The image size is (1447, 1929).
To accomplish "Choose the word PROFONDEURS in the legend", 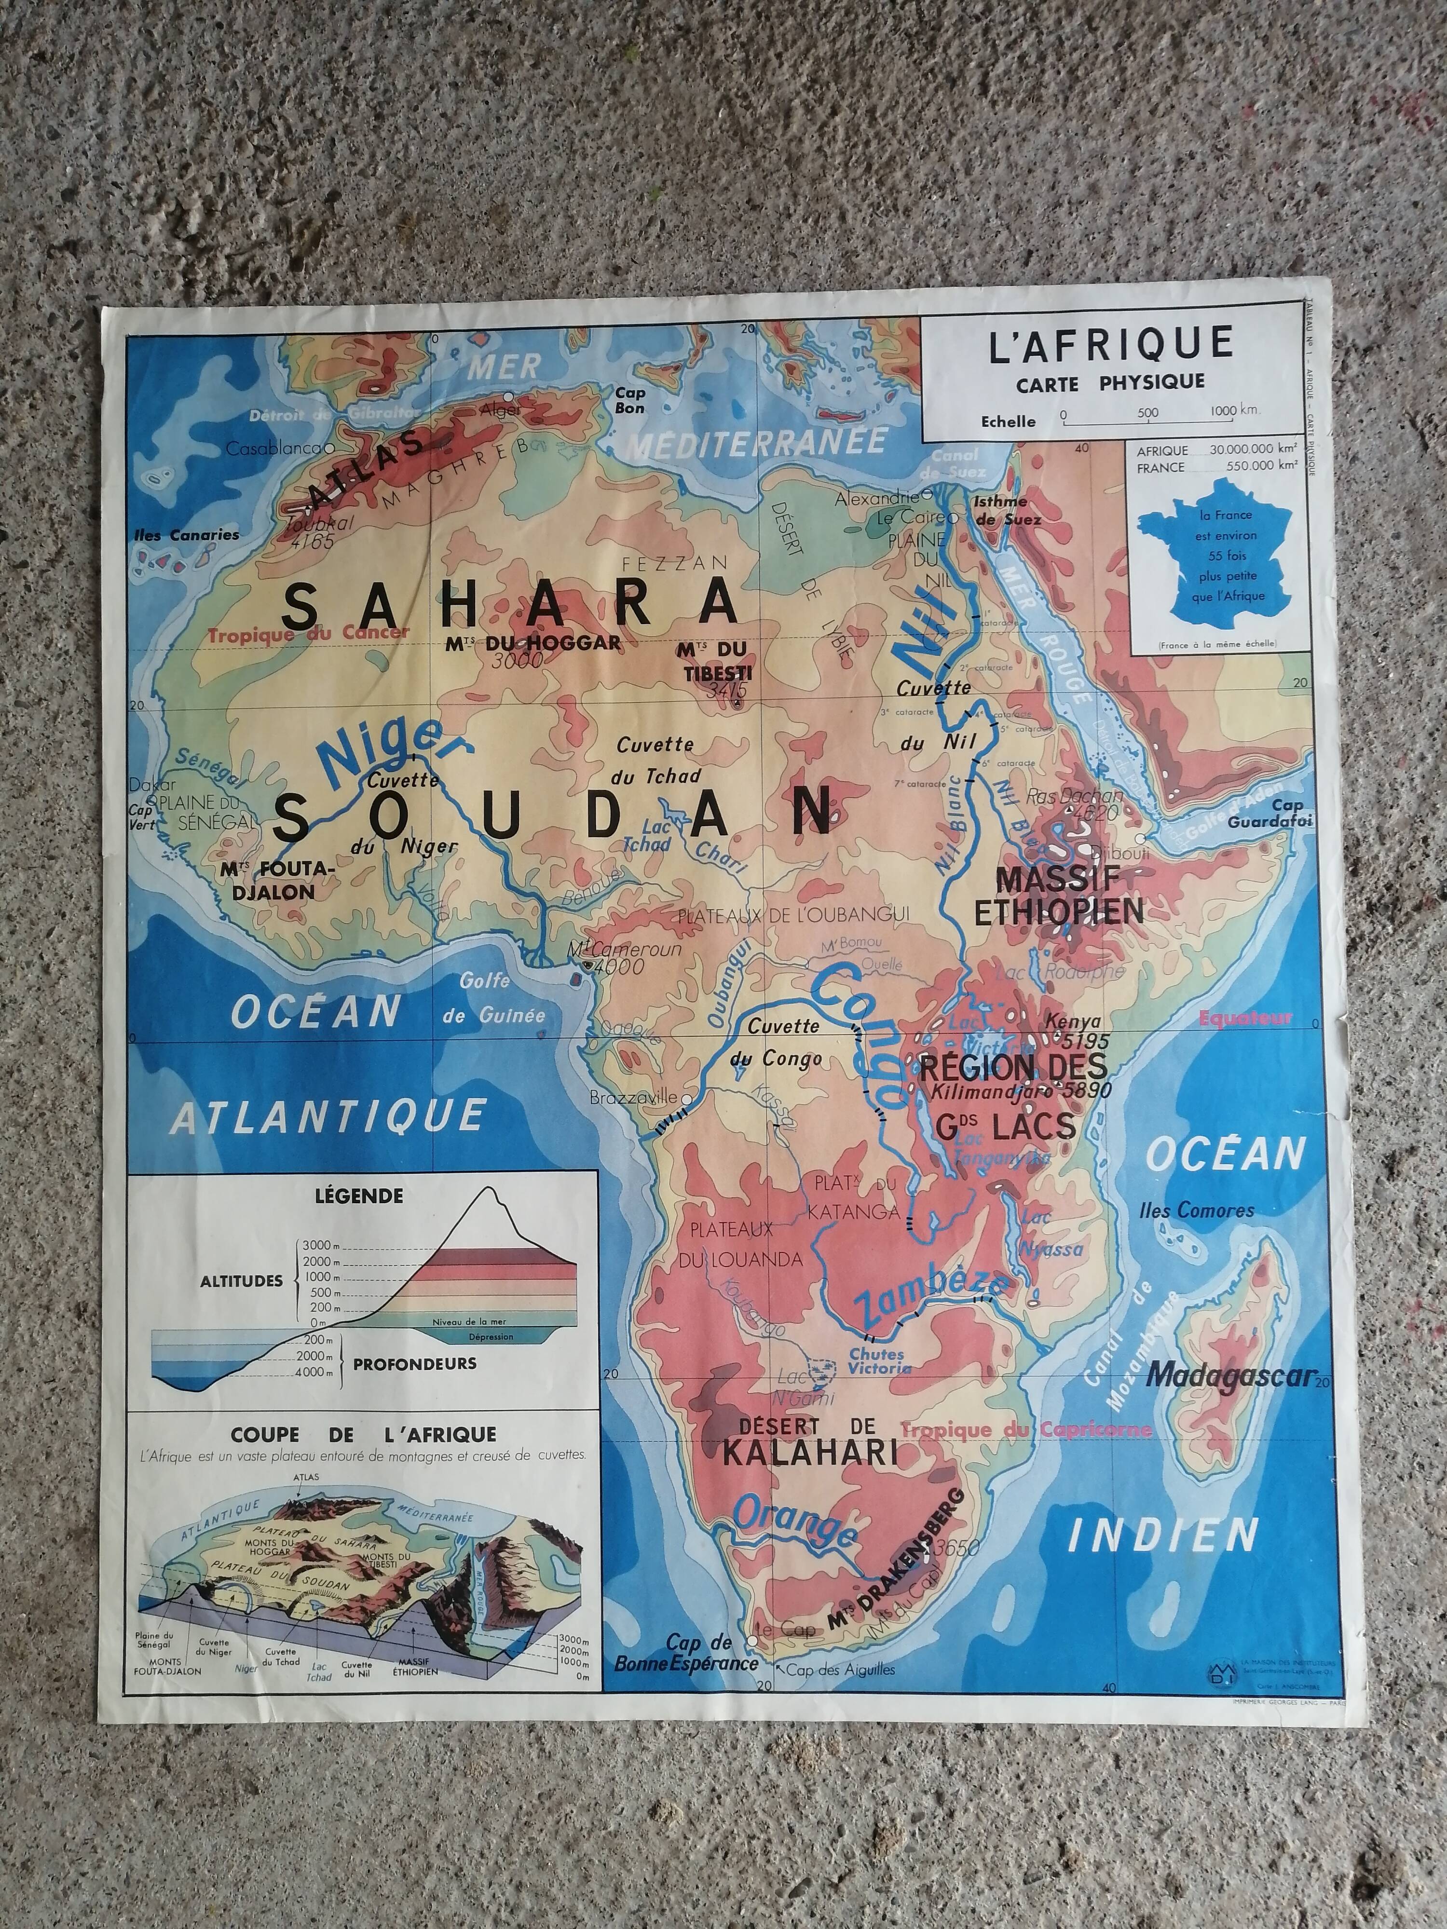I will [415, 1362].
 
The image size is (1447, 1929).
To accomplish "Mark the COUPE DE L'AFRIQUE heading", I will [363, 1435].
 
